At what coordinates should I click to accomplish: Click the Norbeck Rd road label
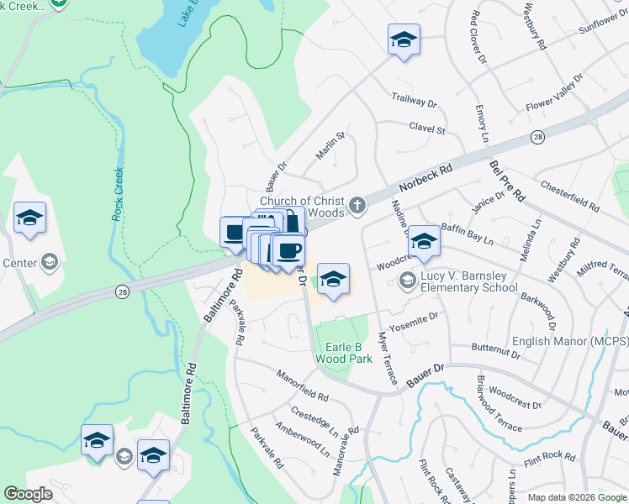point(428,177)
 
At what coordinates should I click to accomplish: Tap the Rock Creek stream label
point(118,194)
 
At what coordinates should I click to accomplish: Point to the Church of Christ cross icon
point(357,205)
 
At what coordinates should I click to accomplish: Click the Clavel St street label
point(426,130)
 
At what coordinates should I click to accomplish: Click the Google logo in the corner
point(29,494)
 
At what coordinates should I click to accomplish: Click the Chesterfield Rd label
point(570,197)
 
